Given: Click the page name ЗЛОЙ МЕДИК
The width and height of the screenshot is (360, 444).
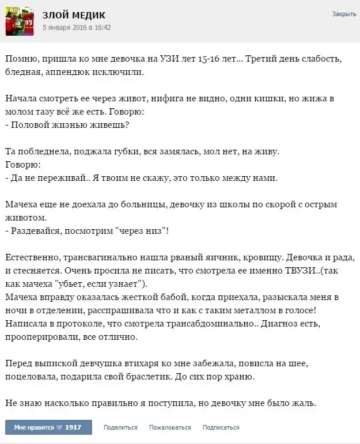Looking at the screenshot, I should [74, 15].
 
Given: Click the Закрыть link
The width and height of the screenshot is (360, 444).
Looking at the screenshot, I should [344, 14].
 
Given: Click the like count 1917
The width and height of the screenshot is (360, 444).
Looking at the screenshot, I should [73, 427].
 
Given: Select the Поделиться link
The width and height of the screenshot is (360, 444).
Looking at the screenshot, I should [120, 427].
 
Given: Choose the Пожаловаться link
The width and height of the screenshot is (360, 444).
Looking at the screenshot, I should [170, 427].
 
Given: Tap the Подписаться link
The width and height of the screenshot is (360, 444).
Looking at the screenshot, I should [221, 427].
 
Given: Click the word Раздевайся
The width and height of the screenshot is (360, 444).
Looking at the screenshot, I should [35, 231].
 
